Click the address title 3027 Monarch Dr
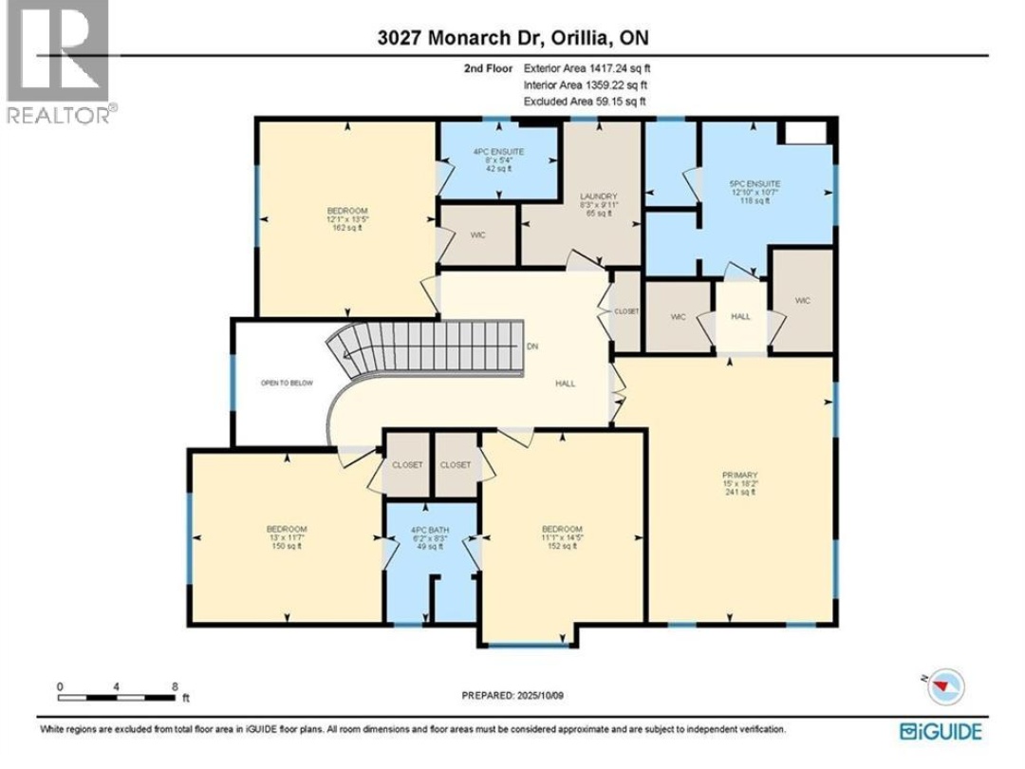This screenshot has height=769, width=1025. [x=513, y=38]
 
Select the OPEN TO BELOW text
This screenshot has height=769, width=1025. [x=287, y=384]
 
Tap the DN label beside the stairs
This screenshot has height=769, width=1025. [x=533, y=347]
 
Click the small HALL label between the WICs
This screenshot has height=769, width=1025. [x=740, y=316]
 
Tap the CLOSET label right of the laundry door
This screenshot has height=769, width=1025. [x=626, y=311]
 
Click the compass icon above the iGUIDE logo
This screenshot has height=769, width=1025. [x=945, y=686]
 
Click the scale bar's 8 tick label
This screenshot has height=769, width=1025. [x=175, y=685]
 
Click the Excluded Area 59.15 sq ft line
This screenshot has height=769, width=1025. [x=585, y=101]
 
